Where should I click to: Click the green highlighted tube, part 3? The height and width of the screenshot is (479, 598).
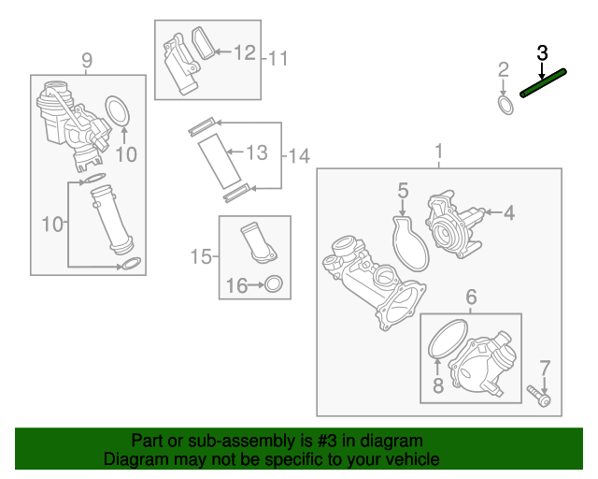(543, 82)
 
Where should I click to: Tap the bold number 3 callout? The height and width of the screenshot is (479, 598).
(542, 52)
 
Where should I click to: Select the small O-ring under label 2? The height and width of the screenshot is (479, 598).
(505, 106)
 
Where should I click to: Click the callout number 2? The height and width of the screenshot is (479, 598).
(504, 69)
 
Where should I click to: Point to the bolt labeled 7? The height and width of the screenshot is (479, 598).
(538, 396)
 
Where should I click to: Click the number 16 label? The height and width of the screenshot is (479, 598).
(236, 285)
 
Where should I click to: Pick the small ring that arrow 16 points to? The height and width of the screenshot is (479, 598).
(274, 284)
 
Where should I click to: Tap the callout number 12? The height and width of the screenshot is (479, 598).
(245, 52)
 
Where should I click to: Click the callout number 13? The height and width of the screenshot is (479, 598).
(257, 152)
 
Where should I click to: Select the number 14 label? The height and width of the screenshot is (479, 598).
(299, 156)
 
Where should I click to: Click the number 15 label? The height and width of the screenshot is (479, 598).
(201, 256)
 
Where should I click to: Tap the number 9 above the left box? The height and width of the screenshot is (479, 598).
(87, 61)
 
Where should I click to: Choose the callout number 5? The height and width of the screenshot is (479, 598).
(403, 190)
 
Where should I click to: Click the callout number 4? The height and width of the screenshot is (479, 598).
(509, 212)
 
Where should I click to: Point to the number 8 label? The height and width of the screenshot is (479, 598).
(438, 385)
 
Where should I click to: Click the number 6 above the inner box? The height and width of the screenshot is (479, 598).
(471, 297)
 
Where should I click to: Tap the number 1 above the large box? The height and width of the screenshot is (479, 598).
(439, 152)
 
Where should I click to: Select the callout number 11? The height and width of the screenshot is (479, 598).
(278, 58)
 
